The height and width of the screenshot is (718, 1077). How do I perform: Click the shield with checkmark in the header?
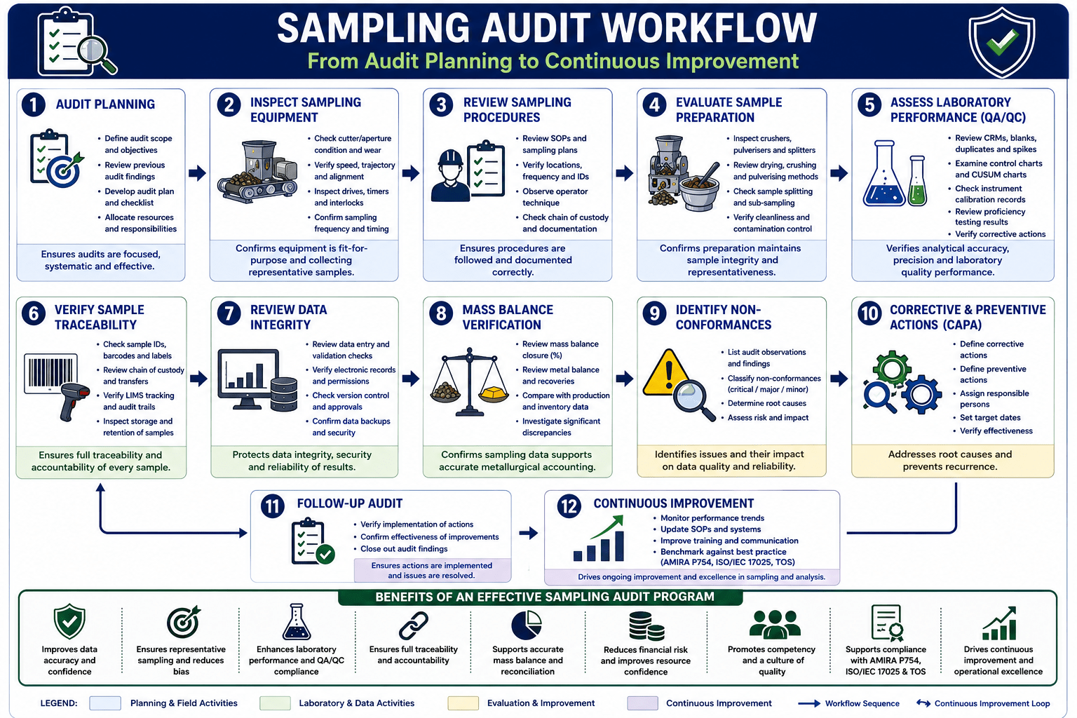click(1001, 42)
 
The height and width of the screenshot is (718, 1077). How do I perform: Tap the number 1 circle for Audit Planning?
click(33, 104)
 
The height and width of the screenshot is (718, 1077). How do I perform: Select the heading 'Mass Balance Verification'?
click(508, 317)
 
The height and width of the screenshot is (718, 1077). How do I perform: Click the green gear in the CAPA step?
click(892, 369)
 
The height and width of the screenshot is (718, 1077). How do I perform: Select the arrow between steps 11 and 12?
click(529, 533)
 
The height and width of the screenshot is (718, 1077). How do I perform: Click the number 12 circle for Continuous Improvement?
click(569, 506)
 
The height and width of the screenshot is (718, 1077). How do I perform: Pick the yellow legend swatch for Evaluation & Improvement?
click(463, 703)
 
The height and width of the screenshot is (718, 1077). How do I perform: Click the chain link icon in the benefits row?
click(414, 625)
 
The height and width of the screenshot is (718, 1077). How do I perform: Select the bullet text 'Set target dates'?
click(990, 417)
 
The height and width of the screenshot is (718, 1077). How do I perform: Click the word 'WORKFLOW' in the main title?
click(709, 28)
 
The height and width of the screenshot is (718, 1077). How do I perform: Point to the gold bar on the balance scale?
click(494, 394)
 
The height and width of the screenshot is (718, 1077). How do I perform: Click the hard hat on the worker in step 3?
click(451, 158)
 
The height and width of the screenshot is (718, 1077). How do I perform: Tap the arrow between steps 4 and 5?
click(839, 173)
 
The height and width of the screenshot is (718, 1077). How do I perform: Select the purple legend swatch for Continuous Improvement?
click(642, 703)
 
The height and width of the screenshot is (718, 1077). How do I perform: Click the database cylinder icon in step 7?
click(284, 394)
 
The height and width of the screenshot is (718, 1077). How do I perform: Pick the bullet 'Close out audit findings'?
click(404, 549)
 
